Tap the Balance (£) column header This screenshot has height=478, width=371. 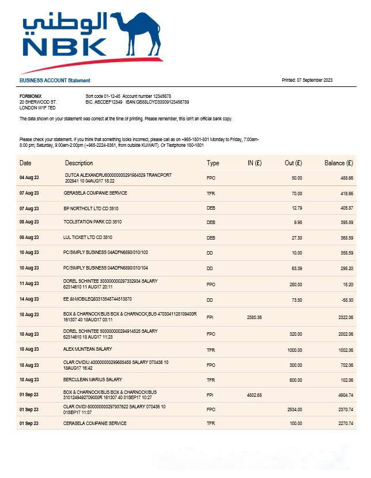[x=338, y=163]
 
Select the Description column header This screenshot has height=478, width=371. [x=79, y=163]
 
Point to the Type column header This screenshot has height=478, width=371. [x=213, y=163]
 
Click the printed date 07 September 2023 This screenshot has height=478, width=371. [x=315, y=80]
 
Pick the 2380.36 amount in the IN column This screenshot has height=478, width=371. [x=254, y=317]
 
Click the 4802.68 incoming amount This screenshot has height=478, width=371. [x=254, y=394]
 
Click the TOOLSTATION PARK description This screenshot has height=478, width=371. [x=93, y=222]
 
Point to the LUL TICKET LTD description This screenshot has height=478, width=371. [x=88, y=237]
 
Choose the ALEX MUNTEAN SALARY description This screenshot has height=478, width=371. [x=88, y=350]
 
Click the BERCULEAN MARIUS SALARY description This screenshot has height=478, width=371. [x=93, y=380]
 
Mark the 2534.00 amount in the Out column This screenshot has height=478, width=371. [x=294, y=409]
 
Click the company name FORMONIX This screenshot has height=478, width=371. [x=31, y=96]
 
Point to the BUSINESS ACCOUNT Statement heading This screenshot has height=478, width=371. [x=55, y=81]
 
